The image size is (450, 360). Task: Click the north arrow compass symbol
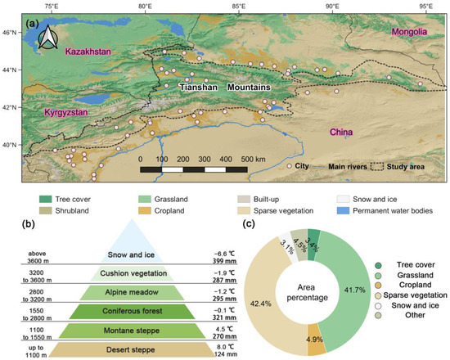(x=51, y=38)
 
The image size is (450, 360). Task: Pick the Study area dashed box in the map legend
(x=380, y=166)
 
